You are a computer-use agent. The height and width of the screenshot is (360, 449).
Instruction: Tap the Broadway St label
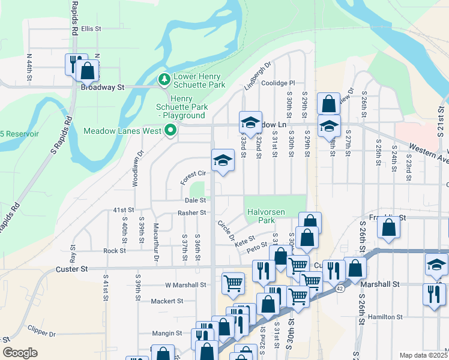pyautogui.click(x=102, y=87)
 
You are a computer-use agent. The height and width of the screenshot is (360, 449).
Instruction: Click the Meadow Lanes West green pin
pyautogui.click(x=170, y=130)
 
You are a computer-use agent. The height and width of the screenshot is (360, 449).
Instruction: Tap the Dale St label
pyautogui.click(x=196, y=200)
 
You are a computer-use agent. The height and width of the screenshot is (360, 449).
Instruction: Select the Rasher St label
pyautogui.click(x=191, y=212)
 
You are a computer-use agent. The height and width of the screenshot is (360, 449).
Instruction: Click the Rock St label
pyautogui.click(x=114, y=251)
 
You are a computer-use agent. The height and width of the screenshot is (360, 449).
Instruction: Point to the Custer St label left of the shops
pyautogui.click(x=73, y=269)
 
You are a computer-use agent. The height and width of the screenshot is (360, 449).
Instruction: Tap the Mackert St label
pyautogui.click(x=166, y=301)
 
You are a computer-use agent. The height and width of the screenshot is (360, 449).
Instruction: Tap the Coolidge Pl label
pyautogui.click(x=279, y=83)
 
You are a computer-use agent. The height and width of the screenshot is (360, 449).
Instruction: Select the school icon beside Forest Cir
pyautogui.click(x=223, y=160)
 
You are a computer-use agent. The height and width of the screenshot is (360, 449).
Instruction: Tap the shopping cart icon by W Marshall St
pyautogui.click(x=233, y=283)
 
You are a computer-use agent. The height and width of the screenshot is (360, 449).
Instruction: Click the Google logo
pyautogui.click(x=20, y=353)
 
